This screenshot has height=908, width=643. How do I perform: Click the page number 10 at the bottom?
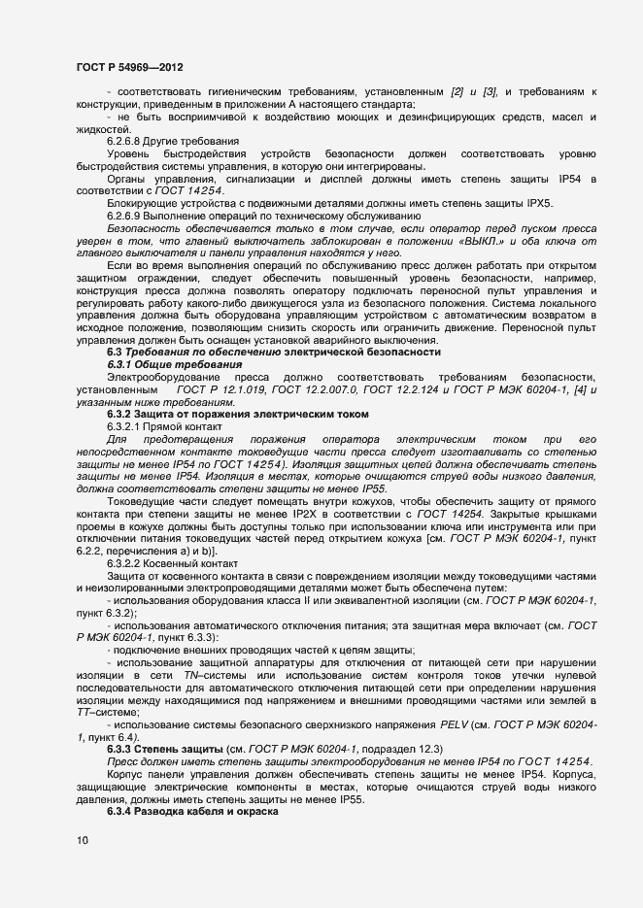(x=82, y=840)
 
